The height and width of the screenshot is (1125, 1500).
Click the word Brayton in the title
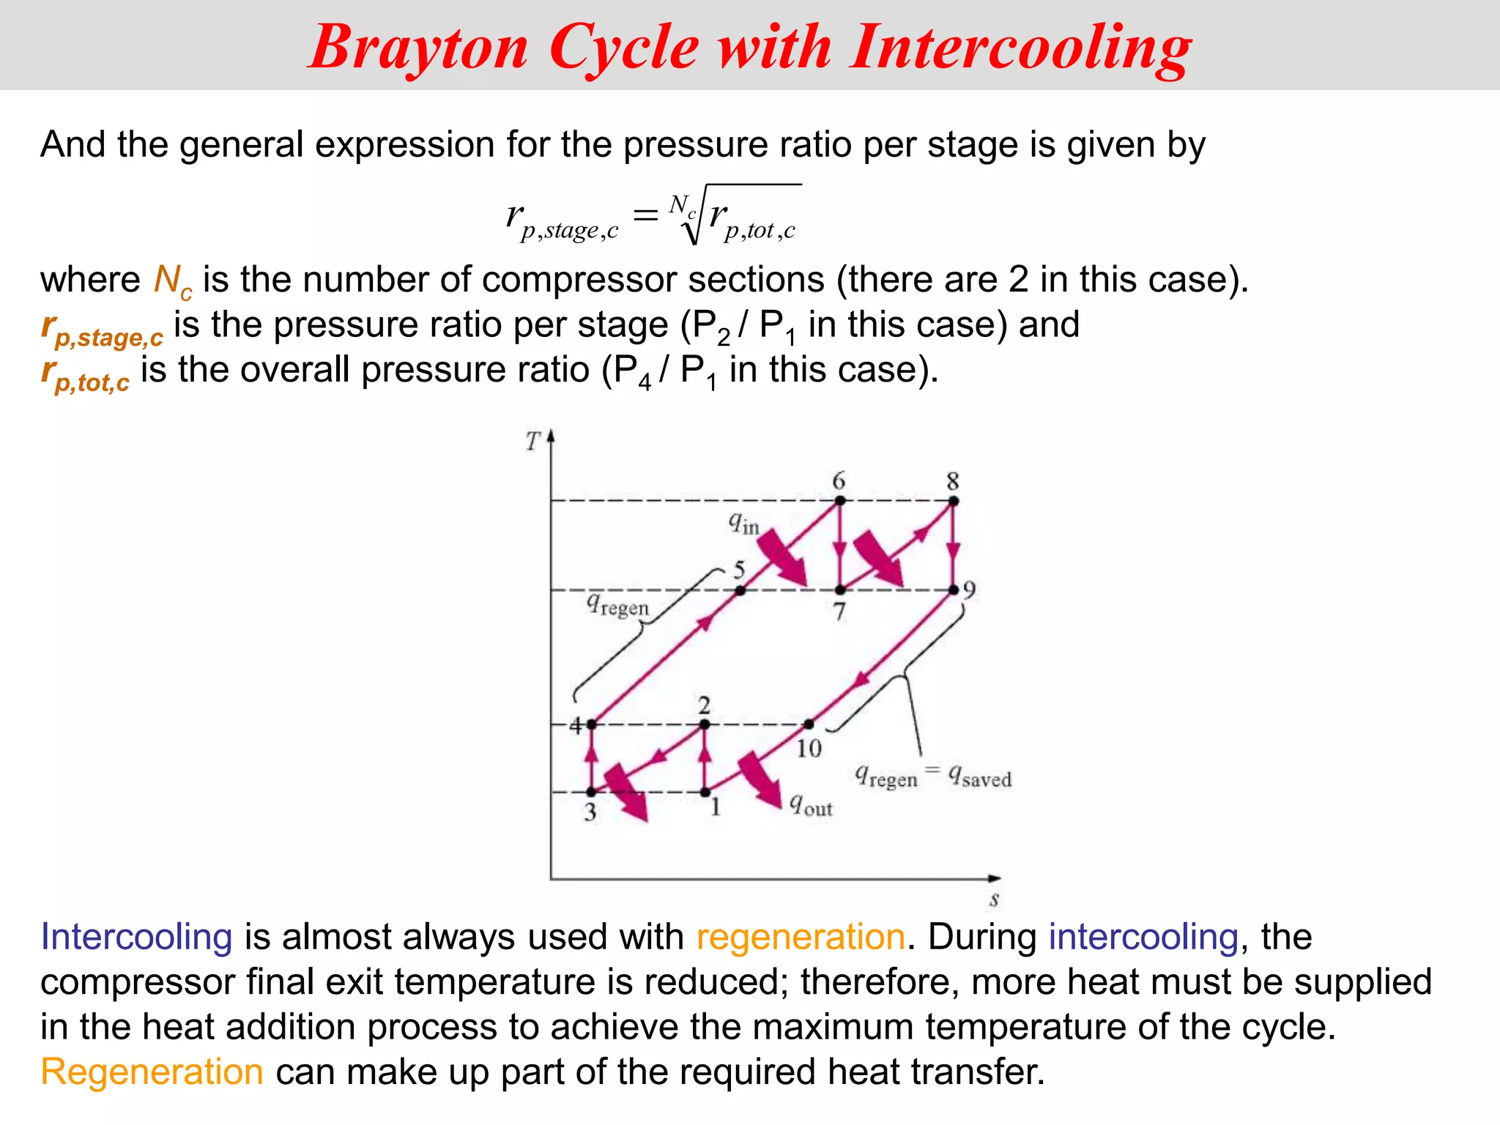[x=418, y=48]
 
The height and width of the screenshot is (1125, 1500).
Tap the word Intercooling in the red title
[x=1021, y=48]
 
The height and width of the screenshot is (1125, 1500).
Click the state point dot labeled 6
[x=840, y=501]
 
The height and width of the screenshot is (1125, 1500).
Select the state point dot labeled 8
[x=954, y=501]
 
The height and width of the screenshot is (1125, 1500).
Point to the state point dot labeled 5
[x=740, y=590]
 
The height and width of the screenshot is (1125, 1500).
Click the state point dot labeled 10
[x=809, y=724]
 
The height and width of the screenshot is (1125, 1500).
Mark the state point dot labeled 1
[x=705, y=792]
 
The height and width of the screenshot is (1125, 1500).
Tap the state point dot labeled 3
[x=591, y=792]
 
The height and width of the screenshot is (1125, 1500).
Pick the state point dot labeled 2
[x=705, y=724]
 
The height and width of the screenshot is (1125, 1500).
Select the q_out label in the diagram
[x=811, y=806]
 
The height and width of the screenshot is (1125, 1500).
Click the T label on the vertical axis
[x=532, y=442]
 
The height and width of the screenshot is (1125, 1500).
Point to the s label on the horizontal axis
[x=994, y=899]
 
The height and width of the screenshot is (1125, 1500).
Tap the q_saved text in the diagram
[x=980, y=776]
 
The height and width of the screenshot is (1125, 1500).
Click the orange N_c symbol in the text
[x=173, y=281]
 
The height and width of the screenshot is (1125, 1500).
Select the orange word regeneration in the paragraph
[x=801, y=937]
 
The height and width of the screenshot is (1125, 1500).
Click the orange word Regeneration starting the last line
[x=152, y=1072]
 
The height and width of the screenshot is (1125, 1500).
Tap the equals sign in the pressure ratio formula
[x=645, y=215]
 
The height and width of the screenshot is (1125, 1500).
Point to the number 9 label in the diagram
[x=969, y=590]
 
